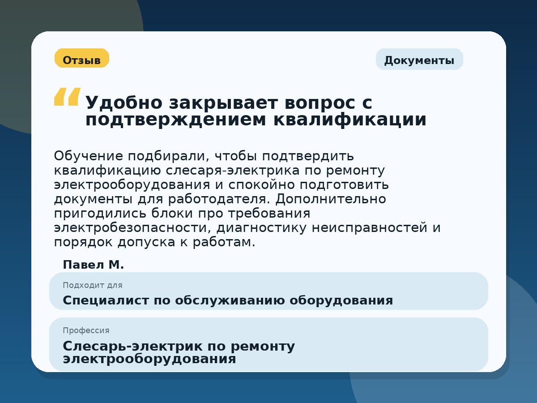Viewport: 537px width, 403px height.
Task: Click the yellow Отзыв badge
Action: [x=82, y=59]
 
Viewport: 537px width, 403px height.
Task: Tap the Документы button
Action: [x=419, y=60]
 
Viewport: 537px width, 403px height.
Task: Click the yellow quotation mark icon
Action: [x=67, y=97]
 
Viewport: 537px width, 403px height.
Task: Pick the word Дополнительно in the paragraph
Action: [x=331, y=199]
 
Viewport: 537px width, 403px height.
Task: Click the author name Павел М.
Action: [x=93, y=265]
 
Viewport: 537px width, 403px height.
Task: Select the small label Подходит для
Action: [x=92, y=285]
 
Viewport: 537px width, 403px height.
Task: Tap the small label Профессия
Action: [x=86, y=330]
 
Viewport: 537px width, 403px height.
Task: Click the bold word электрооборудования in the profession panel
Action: [x=149, y=359]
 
